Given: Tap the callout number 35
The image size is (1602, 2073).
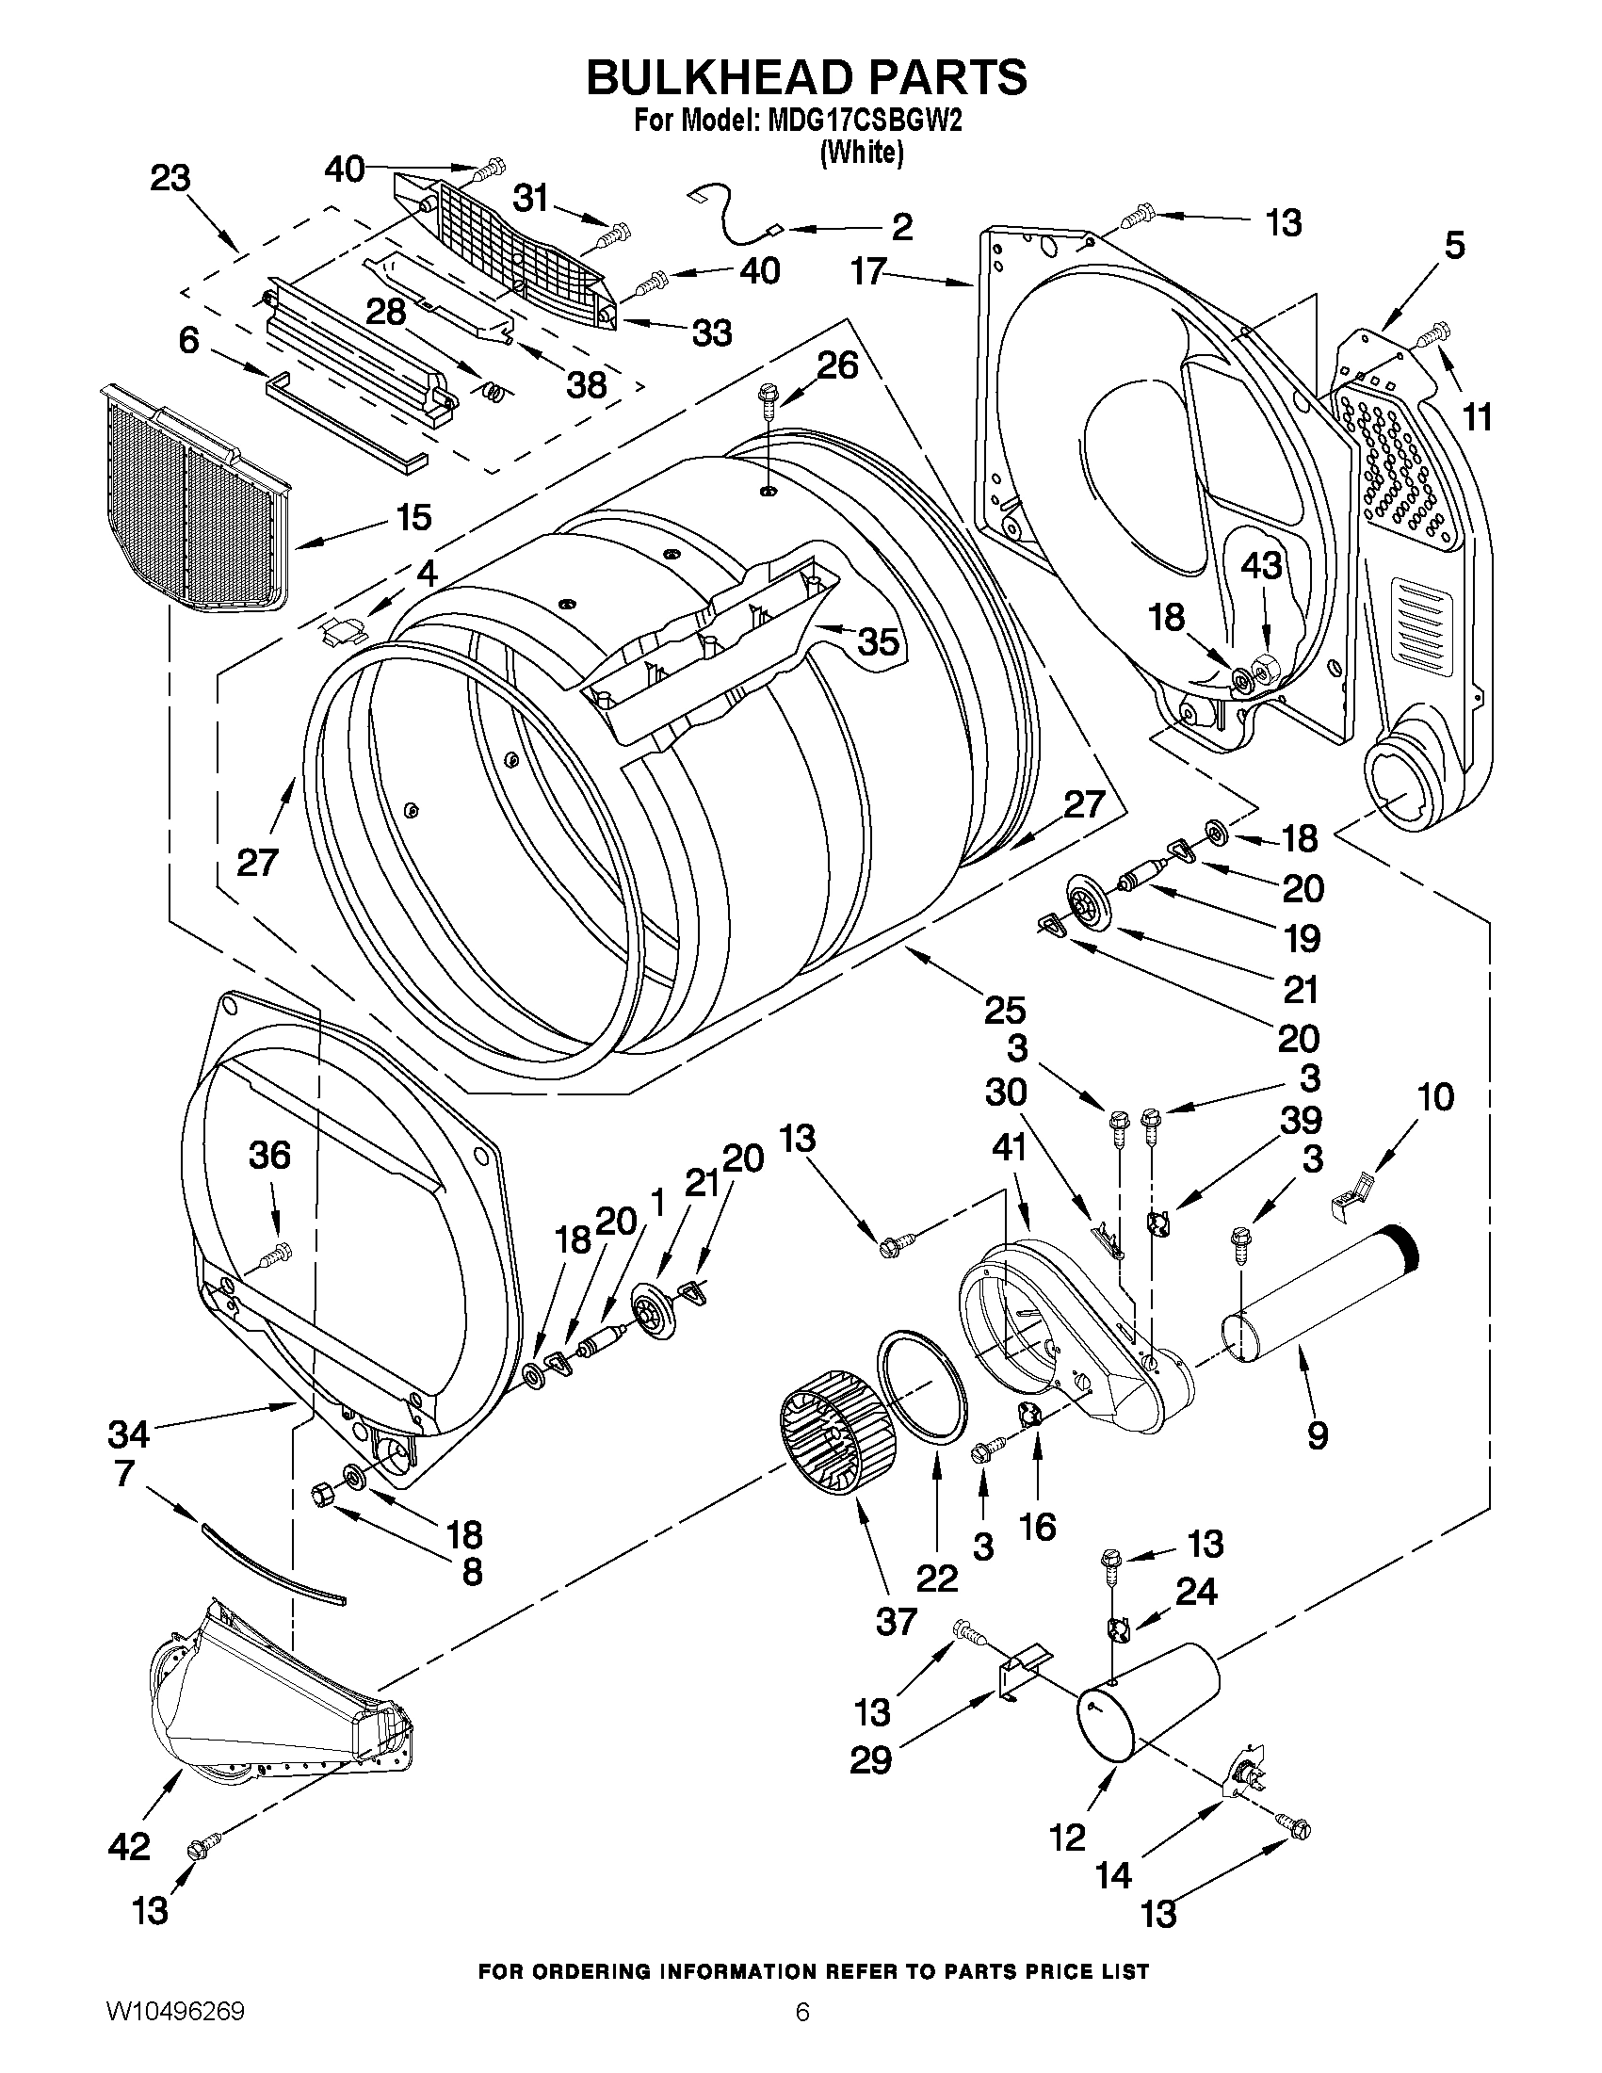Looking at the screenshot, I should [x=878, y=642].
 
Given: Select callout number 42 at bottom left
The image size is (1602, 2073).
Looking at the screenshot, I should [x=129, y=1846].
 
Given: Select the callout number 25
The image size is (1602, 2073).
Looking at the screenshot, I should [x=1004, y=1010].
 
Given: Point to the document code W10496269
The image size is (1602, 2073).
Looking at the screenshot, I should [x=174, y=2033].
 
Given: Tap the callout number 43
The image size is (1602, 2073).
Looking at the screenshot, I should [x=1261, y=567].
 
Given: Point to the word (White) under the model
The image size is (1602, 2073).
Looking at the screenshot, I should [x=861, y=152].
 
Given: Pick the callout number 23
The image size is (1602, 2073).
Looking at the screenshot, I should [x=170, y=178].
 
